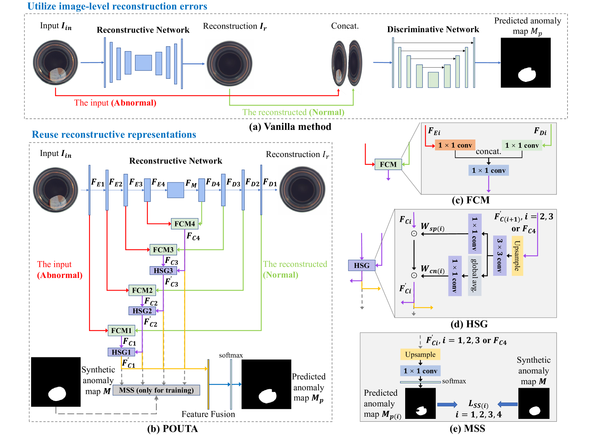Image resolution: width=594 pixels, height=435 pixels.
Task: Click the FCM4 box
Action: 185,224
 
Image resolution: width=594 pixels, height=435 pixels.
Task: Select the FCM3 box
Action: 163,250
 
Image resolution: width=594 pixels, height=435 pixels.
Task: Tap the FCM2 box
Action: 142,290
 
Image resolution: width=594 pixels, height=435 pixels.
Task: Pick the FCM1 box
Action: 121,331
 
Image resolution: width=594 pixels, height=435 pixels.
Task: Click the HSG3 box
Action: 163,271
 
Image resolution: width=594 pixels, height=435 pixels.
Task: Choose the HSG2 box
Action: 142,311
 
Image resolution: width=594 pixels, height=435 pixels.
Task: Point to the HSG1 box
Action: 121,352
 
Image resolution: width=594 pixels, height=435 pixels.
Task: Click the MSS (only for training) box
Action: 156,390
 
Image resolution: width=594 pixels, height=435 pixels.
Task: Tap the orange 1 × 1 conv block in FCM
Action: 455,145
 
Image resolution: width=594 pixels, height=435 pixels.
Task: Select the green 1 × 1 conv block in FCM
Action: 522,145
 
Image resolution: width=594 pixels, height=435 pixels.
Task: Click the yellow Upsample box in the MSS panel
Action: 420,355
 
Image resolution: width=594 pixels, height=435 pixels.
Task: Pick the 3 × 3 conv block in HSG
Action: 500,255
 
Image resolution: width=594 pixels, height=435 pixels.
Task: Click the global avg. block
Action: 475,275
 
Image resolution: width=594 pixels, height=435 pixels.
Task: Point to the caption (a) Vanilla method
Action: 290,127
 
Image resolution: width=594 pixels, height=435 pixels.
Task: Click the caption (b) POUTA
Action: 172,429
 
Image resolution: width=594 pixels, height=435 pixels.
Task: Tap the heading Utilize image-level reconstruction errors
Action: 117,6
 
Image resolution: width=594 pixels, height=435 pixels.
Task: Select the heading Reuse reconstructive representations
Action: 114,135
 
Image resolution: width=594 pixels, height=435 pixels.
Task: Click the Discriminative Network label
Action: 433,29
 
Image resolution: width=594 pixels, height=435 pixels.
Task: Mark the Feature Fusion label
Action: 208,414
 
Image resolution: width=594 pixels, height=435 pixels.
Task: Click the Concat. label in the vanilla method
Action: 345,26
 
